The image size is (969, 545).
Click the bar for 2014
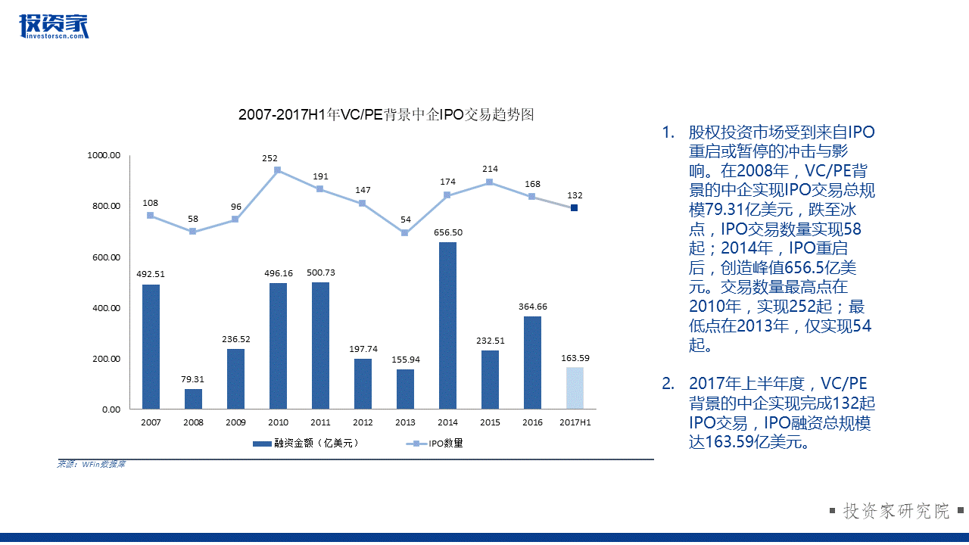tap(447, 325)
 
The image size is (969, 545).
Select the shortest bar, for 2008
tap(193, 399)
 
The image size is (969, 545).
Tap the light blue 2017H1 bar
tap(575, 388)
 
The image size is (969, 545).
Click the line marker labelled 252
tap(278, 170)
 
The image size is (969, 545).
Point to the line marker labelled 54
tap(405, 232)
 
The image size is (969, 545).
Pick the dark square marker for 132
tap(575, 207)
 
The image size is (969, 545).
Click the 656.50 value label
tap(447, 232)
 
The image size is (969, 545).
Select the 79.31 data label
tap(193, 379)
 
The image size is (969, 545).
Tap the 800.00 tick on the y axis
tap(104, 206)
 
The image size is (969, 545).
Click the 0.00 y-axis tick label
tap(111, 410)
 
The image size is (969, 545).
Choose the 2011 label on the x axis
tap(320, 422)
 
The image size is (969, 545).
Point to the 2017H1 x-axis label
tap(575, 422)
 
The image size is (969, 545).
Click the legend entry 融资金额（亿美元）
tap(306, 444)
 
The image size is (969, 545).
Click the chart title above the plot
tap(386, 115)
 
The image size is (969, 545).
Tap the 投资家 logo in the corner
tap(54, 26)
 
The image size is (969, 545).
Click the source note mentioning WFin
tap(91, 464)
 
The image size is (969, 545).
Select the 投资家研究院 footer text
tap(896, 511)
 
